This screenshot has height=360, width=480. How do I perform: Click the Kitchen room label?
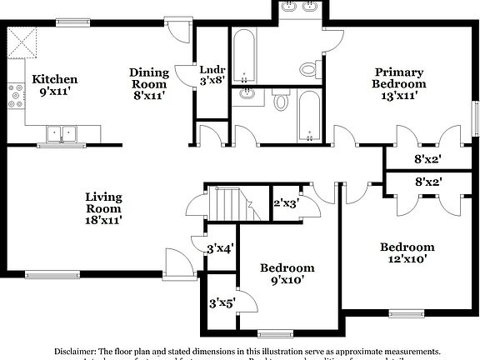coord(55,79)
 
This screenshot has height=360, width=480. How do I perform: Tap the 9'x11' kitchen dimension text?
coord(55,92)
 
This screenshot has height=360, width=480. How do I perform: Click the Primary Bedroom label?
coord(399,77)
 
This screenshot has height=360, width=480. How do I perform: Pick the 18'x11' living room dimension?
coord(103,221)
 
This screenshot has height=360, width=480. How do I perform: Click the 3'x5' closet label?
coord(222,302)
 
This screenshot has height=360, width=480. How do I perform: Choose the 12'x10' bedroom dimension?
coord(407,259)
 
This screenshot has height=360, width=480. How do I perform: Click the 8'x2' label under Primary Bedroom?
coord(427,159)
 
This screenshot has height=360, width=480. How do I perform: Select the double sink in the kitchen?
coord(62,132)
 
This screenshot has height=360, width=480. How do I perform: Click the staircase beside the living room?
coord(227,202)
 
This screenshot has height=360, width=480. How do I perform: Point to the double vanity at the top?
coord(300,9)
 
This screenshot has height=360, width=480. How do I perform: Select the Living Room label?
coord(103,202)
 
